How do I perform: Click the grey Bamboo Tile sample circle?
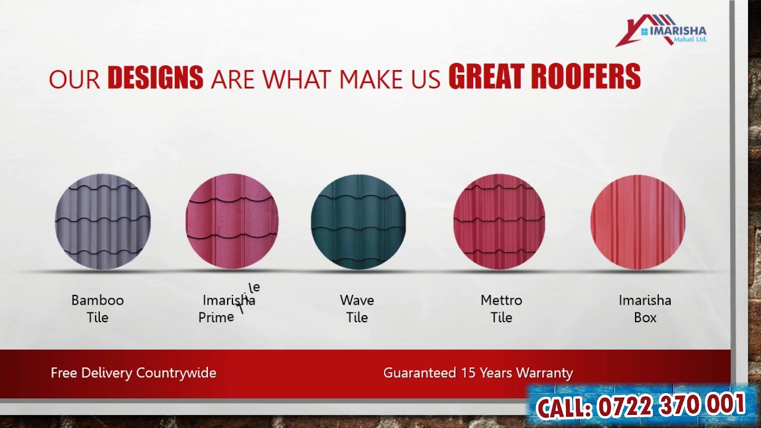pos(103,222)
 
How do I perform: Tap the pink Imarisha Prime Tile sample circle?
pos(232,222)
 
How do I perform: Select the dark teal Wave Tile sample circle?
pos(359,222)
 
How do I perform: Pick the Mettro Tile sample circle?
pos(499,222)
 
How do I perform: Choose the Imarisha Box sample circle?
pos(638,222)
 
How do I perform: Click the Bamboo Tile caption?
pos(98,309)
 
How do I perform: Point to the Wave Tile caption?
pos(357,309)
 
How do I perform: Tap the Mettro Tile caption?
pos(501,309)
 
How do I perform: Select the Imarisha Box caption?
pos(645,309)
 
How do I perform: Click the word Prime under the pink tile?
pos(216,317)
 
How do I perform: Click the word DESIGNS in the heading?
pos(155,78)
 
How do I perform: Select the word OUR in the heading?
pos(74,80)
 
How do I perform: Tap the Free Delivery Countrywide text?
pos(133,373)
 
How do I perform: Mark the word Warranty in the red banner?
pos(545,373)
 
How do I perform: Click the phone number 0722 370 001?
pos(671,405)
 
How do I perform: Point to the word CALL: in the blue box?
pos(564,408)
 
